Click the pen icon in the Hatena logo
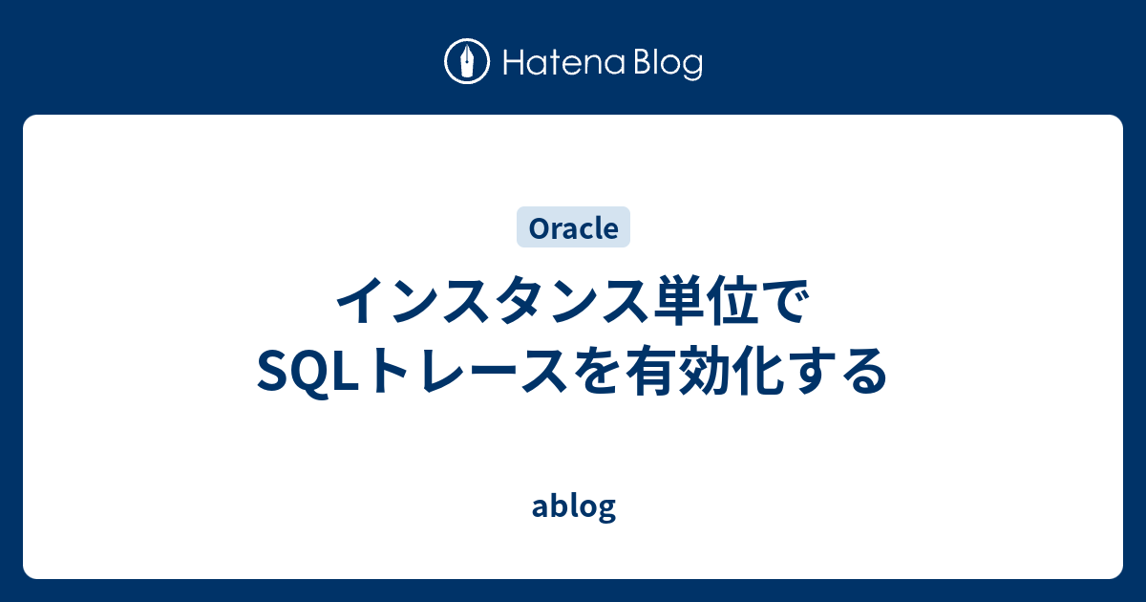pos(467,62)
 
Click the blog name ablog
pos(573,506)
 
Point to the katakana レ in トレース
pos(431,371)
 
